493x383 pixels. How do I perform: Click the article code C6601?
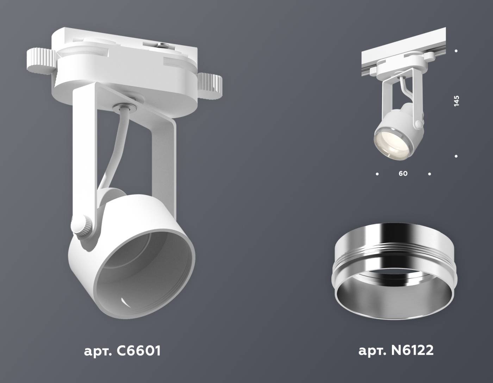point(122,351)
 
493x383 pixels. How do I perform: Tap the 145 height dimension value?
point(456,101)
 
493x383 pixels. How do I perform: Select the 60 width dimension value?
point(403,174)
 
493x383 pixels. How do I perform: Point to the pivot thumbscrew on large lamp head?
point(84,225)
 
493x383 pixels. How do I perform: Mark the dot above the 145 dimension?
point(456,51)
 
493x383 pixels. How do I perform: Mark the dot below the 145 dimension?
point(456,156)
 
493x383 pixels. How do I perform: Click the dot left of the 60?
point(377,174)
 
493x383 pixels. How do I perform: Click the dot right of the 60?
point(429,174)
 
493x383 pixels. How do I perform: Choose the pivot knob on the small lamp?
point(418,124)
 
